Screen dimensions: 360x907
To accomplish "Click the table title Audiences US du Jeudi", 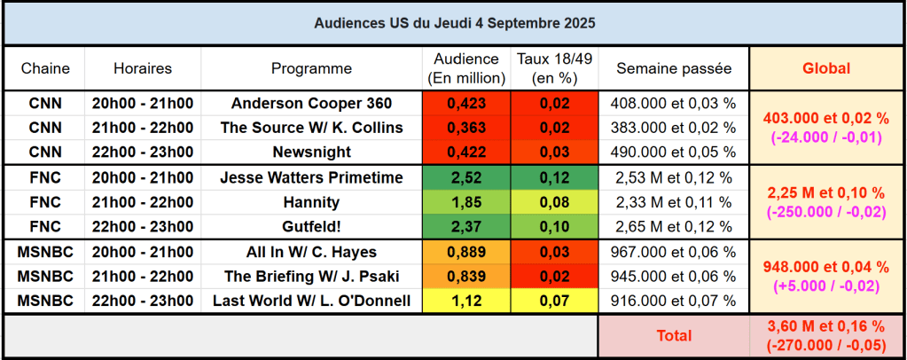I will click(x=454, y=21).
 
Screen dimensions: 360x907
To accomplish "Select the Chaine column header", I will click(x=45, y=68).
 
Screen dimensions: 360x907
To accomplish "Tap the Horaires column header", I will click(x=143, y=68).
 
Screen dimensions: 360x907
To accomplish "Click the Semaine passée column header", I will click(x=674, y=68).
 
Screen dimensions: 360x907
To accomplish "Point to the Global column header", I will click(x=825, y=68).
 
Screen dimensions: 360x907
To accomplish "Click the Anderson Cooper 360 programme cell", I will click(x=311, y=103).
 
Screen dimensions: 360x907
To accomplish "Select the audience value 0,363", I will click(x=466, y=128).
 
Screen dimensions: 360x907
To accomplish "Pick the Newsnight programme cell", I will click(x=311, y=152).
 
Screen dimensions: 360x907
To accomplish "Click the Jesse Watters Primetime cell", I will click(x=311, y=177).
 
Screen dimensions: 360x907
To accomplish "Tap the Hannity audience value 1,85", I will click(x=466, y=202).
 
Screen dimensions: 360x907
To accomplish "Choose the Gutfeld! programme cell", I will click(x=311, y=227).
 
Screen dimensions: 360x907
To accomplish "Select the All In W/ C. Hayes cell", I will click(x=311, y=252).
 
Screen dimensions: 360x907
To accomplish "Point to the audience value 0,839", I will click(x=466, y=276).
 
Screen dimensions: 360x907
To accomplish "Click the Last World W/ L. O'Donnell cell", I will click(x=311, y=301).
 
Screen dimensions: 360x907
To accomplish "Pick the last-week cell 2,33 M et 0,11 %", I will click(x=674, y=202).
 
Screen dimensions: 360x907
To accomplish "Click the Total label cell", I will click(x=674, y=336).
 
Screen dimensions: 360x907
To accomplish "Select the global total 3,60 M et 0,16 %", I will click(x=825, y=327).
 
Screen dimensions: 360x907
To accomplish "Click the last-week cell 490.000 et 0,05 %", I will click(x=674, y=152).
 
